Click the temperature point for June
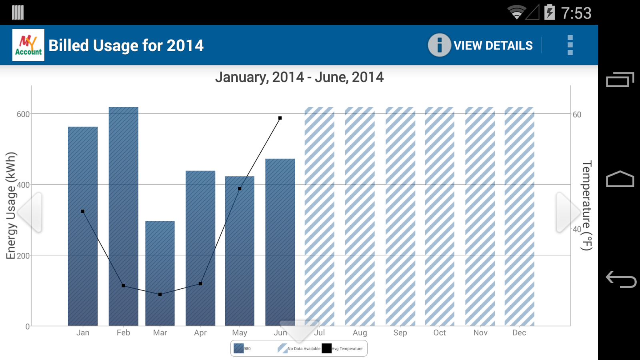click(280, 118)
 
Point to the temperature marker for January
click(83, 211)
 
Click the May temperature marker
click(240, 189)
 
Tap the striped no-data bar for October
click(440, 216)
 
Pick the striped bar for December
click(519, 216)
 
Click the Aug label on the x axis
click(360, 333)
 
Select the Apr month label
click(200, 333)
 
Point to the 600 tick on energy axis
click(23, 114)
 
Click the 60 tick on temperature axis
click(577, 115)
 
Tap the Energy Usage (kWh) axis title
click(11, 206)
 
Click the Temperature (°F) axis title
click(587, 206)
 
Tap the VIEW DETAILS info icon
click(439, 45)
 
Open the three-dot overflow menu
click(570, 45)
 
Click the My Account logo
click(28, 45)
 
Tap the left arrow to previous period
click(30, 212)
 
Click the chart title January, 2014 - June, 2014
click(299, 77)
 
